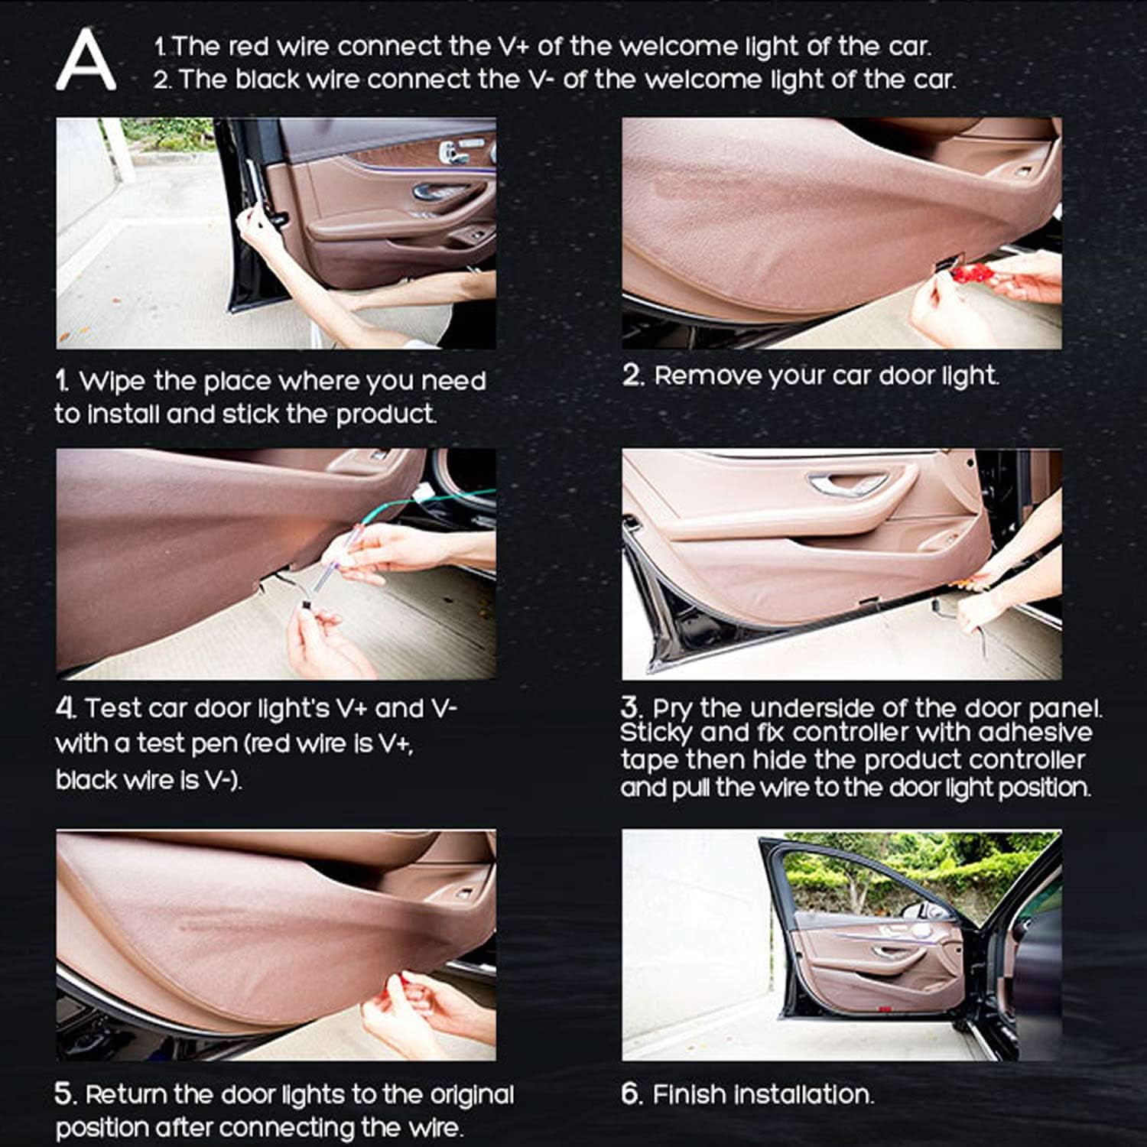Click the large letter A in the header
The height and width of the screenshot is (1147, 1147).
86,60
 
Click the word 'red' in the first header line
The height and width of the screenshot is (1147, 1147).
249,47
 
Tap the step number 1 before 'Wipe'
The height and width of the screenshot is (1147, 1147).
62,380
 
